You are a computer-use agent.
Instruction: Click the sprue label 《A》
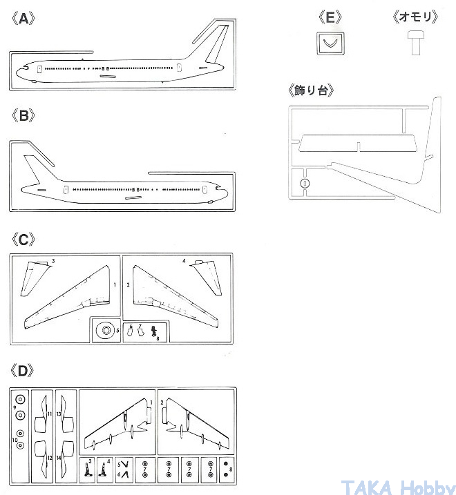[23, 19]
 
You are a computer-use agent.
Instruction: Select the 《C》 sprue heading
[23, 240]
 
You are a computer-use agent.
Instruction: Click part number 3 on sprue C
[53, 261]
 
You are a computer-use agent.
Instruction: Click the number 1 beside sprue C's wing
[113, 284]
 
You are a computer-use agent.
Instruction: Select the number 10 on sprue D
[15, 439]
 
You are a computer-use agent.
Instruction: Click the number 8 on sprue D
[230, 470]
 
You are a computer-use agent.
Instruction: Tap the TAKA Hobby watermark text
[397, 485]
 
